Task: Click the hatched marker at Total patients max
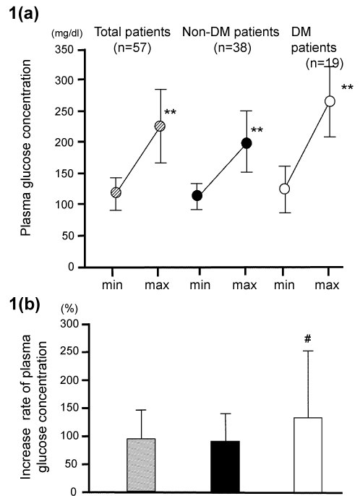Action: (x=160, y=127)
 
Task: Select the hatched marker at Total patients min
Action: (x=116, y=192)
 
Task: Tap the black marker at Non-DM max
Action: (x=247, y=143)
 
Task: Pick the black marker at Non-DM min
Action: (x=197, y=196)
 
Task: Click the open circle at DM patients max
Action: (x=330, y=101)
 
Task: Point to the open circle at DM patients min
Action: (x=285, y=189)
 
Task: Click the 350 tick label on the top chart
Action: (x=64, y=50)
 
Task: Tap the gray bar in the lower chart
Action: (x=141, y=466)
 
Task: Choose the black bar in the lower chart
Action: (x=226, y=466)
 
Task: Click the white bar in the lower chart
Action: (x=308, y=455)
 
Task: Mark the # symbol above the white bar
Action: (x=308, y=339)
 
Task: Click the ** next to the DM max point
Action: (x=347, y=87)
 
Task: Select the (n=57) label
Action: (x=132, y=48)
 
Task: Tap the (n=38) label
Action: (x=233, y=48)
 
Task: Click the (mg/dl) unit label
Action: (x=67, y=33)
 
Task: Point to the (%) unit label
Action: (x=69, y=309)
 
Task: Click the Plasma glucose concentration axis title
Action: (x=26, y=147)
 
